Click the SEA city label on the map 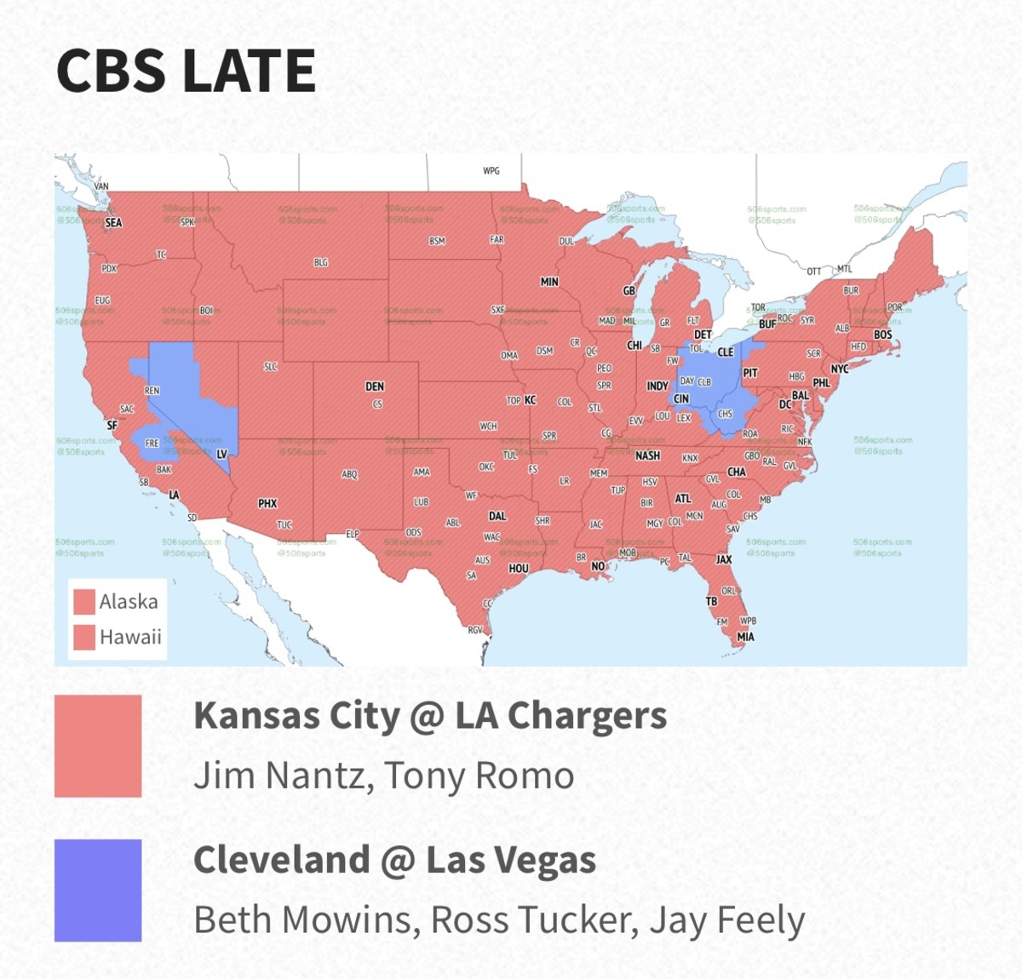click(113, 223)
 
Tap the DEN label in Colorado click(375, 386)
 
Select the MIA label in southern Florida click(746, 637)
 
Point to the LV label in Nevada click(221, 455)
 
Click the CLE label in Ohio click(725, 352)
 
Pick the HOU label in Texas click(519, 569)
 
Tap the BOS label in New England click(882, 335)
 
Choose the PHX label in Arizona click(267, 504)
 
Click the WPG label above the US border click(491, 171)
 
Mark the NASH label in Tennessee click(647, 456)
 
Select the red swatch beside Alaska click(83, 602)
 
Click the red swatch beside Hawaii click(83, 637)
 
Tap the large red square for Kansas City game click(98, 746)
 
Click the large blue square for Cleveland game click(98, 890)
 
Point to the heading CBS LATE click(186, 71)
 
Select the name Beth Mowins click(306, 920)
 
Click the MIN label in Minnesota click(549, 282)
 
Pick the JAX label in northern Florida click(724, 559)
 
